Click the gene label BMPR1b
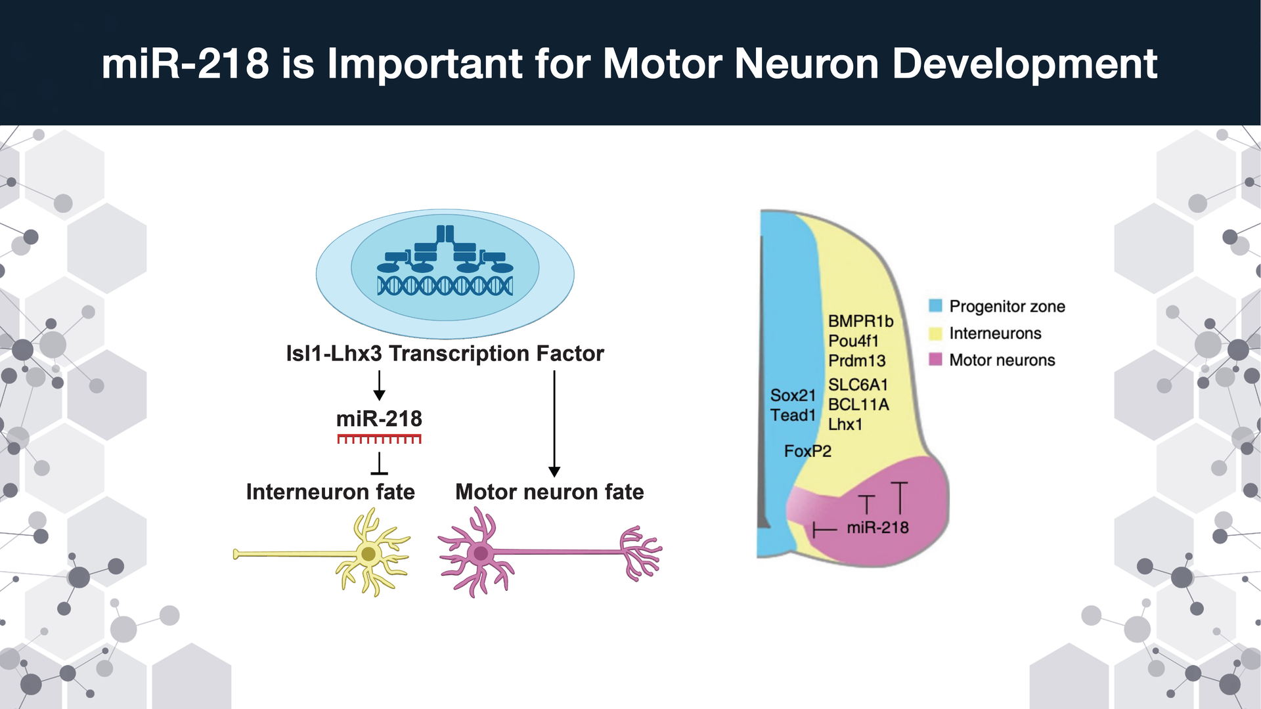pos(860,321)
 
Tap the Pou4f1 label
pos(853,341)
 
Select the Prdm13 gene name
pos(856,360)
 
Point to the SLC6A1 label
pos(858,385)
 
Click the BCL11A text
pos(858,404)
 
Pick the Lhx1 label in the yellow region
pos(845,424)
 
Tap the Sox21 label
pos(793,395)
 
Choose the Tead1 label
pos(793,415)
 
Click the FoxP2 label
pos(807,451)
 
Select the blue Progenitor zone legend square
pos(936,306)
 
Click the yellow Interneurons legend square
pos(936,333)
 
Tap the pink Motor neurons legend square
pos(936,360)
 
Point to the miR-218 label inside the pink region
pos(877,527)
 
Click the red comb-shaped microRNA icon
pos(379,439)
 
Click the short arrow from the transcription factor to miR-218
pos(379,385)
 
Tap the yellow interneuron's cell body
pos(368,554)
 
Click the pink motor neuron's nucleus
pos(481,553)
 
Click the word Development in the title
pos(1025,64)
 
